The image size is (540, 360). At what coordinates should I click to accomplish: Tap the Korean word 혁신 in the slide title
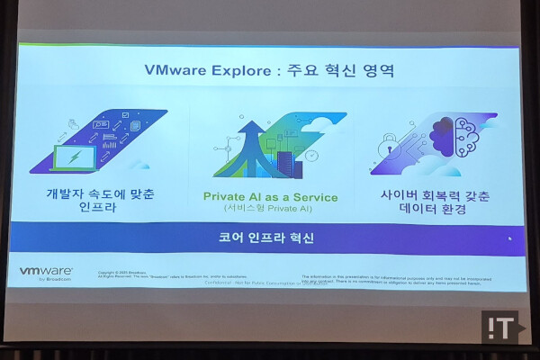pyautogui.click(x=344, y=71)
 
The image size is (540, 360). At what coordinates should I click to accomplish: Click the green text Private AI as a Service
pyautogui.click(x=270, y=197)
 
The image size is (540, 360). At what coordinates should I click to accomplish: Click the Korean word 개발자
pyautogui.click(x=68, y=193)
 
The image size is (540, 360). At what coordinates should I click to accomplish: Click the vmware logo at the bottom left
pyautogui.click(x=46, y=270)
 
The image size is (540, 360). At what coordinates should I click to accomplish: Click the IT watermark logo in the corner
pyautogui.click(x=503, y=327)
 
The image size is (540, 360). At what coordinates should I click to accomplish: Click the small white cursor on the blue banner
pyautogui.click(x=509, y=238)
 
